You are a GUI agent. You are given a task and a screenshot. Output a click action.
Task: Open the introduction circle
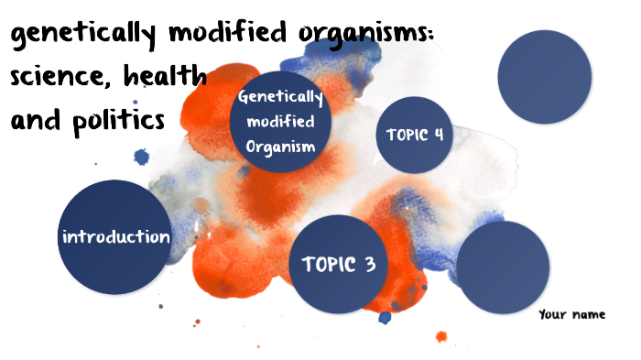pyautogui.click(x=115, y=237)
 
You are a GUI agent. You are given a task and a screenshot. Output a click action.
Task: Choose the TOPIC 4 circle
pyautogui.click(x=416, y=135)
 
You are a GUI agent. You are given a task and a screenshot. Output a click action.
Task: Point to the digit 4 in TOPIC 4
pyautogui.click(x=439, y=135)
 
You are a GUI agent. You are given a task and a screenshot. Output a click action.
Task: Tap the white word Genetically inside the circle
pyautogui.click(x=280, y=99)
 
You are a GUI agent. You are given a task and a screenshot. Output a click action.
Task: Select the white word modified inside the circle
pyautogui.click(x=280, y=122)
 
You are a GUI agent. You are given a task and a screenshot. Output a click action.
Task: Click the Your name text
pyautogui.click(x=572, y=314)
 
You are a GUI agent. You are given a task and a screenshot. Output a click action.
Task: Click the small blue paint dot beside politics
pyautogui.click(x=141, y=157)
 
